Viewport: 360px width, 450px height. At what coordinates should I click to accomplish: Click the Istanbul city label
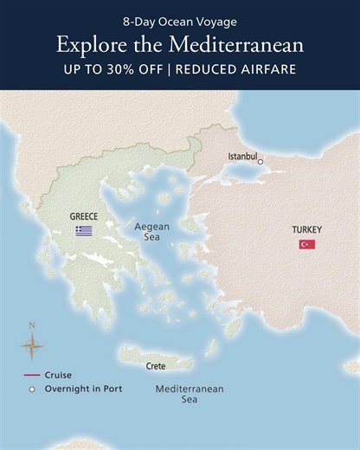[241, 156]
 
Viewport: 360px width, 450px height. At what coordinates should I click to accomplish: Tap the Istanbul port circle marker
[260, 161]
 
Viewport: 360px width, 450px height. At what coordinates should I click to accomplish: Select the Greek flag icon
[84, 231]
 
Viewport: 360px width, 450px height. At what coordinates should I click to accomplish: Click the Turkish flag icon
[307, 244]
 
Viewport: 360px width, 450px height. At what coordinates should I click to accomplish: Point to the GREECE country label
[84, 216]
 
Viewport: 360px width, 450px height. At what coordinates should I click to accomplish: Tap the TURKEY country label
[306, 229]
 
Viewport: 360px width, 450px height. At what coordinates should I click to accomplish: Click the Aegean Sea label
[151, 232]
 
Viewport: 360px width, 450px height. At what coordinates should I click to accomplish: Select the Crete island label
[156, 367]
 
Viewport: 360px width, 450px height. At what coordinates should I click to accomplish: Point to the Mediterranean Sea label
[189, 395]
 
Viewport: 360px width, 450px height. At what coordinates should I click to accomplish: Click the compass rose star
[32, 347]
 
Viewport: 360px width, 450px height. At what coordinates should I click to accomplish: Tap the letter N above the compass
[32, 326]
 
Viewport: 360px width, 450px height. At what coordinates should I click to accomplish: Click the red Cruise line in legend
[32, 376]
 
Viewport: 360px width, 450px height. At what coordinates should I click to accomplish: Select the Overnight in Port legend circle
[32, 389]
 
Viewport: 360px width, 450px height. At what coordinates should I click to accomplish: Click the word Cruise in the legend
[58, 376]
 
